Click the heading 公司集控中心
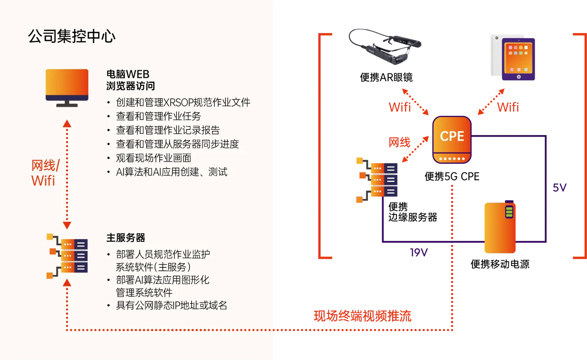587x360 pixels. pos(71,36)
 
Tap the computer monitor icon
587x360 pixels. pos(67,88)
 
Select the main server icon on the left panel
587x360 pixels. pos(67,256)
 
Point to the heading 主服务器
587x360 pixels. pos(126,238)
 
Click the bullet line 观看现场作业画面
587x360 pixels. pos(153,158)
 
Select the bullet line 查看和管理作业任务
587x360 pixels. pos(158,116)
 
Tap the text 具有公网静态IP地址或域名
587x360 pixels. pos(171,305)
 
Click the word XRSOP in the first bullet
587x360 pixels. pos(178,102)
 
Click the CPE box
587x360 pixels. pos(452,139)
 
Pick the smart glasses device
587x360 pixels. pos(384,46)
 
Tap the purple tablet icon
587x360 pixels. pos(518,59)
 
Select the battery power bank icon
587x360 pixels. pos(499,228)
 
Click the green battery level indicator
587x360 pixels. pos(509,212)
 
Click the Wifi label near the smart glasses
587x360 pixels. pos(400,107)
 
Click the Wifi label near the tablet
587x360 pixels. pos(508,107)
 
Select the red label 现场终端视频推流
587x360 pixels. pos(362,316)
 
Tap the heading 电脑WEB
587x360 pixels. pos(128,74)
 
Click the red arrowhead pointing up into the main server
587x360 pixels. pos(67,283)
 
